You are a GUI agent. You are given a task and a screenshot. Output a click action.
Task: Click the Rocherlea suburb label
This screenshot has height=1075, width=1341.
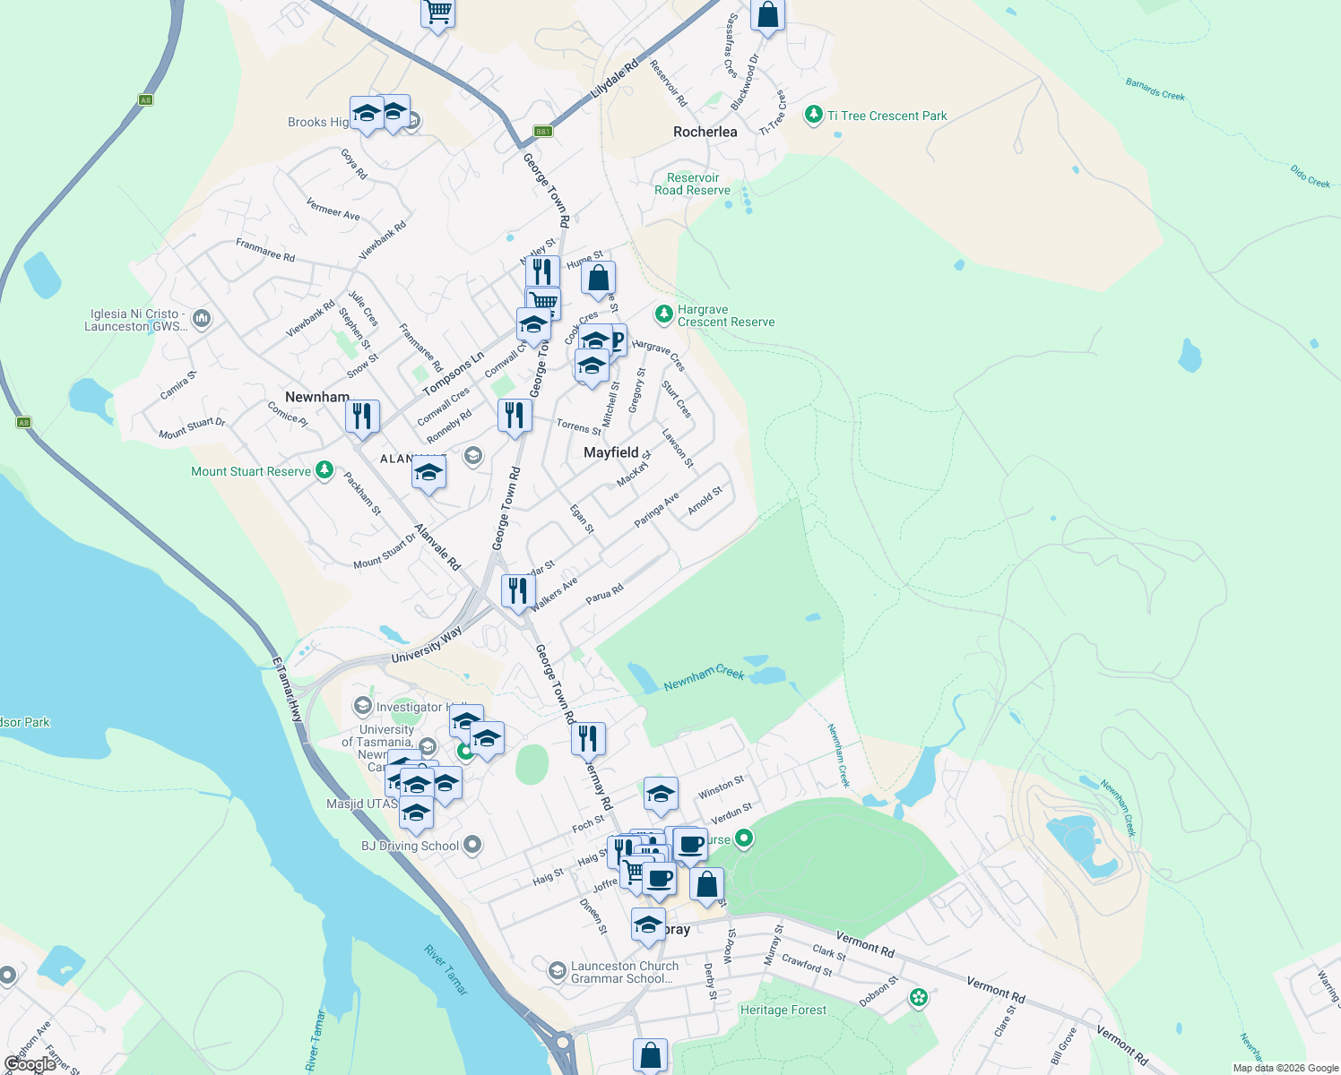tap(705, 132)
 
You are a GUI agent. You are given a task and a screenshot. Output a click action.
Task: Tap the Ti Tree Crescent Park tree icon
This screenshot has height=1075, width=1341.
tap(813, 115)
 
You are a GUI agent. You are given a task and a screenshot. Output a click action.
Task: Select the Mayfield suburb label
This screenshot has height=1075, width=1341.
tap(611, 452)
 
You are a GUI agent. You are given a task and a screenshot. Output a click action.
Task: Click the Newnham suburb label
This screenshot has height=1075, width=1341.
tap(317, 397)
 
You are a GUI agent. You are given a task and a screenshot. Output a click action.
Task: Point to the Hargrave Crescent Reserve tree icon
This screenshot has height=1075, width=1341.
tap(663, 314)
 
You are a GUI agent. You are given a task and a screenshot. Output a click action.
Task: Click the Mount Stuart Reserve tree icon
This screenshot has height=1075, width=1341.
tap(324, 470)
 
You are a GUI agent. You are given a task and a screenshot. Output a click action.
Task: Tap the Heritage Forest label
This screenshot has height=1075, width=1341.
tap(783, 1010)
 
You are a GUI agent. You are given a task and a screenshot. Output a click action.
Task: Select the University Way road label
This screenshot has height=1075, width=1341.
tap(427, 645)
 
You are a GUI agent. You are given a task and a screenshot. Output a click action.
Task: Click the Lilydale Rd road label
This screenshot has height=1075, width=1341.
tap(615, 79)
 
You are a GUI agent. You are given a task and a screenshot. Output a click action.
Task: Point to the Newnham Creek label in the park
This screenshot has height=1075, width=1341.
tap(704, 678)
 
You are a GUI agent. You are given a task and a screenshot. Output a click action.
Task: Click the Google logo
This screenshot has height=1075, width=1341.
tap(30, 1064)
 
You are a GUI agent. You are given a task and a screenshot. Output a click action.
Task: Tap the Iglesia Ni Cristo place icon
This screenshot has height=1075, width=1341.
tap(202, 318)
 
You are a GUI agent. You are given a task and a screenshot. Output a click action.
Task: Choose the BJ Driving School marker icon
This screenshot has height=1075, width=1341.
tap(472, 845)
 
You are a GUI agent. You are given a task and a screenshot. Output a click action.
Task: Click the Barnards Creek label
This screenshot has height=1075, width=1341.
tap(1155, 90)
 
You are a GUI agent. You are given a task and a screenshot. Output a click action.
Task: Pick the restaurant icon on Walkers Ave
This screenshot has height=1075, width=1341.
tap(518, 591)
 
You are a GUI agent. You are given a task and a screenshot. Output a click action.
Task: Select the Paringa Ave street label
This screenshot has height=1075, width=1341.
tap(656, 510)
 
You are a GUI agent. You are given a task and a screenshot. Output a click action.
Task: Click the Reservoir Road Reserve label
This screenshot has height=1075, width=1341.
tap(692, 184)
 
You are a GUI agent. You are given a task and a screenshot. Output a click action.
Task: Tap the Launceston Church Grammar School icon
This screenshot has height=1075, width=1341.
tap(557, 970)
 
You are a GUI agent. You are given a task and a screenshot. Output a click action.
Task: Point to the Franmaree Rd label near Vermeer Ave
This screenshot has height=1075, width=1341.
tap(265, 249)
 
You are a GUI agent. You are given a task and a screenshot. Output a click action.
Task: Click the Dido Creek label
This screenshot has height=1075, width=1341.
tap(1310, 176)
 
